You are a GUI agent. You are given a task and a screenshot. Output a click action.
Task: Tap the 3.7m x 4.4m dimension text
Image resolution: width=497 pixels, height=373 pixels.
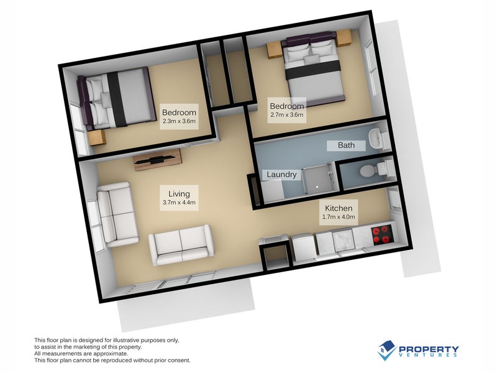coord(179,203)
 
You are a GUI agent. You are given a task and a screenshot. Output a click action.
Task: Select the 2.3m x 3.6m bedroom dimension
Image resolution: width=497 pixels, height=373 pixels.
coord(180,122)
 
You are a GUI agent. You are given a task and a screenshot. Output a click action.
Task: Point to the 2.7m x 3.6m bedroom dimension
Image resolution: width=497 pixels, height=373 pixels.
coord(286,114)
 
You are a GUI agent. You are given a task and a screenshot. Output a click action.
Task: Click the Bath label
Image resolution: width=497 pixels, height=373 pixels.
coord(346,145)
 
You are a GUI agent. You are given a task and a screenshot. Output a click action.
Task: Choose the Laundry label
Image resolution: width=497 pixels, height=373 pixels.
coord(281,175)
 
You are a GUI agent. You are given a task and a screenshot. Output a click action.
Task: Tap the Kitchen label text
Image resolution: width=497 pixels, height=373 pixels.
coord(339,208)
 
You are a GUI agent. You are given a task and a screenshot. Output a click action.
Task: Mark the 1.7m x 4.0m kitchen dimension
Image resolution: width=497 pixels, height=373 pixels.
coord(339,218)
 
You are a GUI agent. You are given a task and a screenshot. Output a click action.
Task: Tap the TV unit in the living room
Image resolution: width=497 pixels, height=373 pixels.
coord(157,159)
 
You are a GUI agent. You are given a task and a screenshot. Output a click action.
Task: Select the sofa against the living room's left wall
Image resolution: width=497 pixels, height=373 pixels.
coord(117,214)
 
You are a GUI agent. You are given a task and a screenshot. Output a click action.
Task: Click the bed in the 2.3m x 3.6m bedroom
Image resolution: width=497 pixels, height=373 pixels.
coord(117,97)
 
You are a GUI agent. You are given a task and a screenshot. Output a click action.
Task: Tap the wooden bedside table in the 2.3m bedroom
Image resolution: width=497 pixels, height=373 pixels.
coord(98,137)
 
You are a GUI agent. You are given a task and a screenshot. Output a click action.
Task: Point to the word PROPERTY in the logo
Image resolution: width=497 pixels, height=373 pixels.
coord(429,349)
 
